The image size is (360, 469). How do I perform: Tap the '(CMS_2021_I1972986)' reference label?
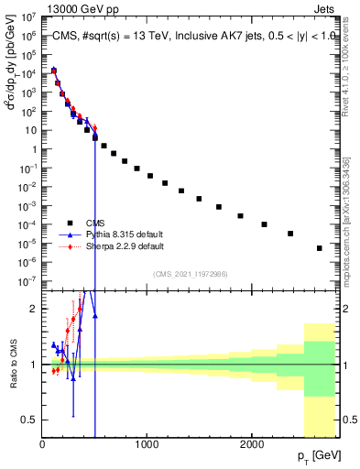(x=191, y=273)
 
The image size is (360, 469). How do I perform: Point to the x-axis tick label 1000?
(x=147, y=444)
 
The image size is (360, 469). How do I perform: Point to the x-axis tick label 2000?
(x=252, y=444)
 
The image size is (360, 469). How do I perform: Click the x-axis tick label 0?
(x=43, y=444)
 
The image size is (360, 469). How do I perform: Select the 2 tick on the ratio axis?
(x=34, y=309)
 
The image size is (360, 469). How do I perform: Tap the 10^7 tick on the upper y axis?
(x=29, y=16)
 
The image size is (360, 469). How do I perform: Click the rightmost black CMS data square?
(x=319, y=248)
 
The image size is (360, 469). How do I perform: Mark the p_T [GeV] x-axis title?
(x=321, y=456)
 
